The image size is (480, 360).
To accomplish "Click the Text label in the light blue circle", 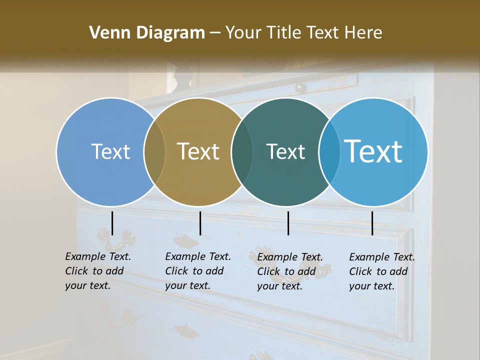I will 110,151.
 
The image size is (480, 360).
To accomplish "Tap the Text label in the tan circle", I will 198,151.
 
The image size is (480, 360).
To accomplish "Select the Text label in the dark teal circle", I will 285,151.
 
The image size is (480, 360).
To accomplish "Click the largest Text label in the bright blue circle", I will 373,151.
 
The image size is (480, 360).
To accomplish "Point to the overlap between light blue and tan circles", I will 154,152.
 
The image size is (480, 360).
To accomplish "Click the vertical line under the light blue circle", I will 112,223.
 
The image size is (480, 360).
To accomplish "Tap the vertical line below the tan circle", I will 200,223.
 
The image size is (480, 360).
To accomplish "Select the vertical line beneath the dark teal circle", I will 288,223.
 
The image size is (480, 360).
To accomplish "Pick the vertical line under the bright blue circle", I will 372,223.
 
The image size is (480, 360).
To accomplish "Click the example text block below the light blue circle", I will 98,271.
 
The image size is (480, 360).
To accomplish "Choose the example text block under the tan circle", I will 198,271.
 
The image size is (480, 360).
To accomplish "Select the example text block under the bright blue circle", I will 382,271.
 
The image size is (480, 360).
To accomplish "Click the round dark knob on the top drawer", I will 300,87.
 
